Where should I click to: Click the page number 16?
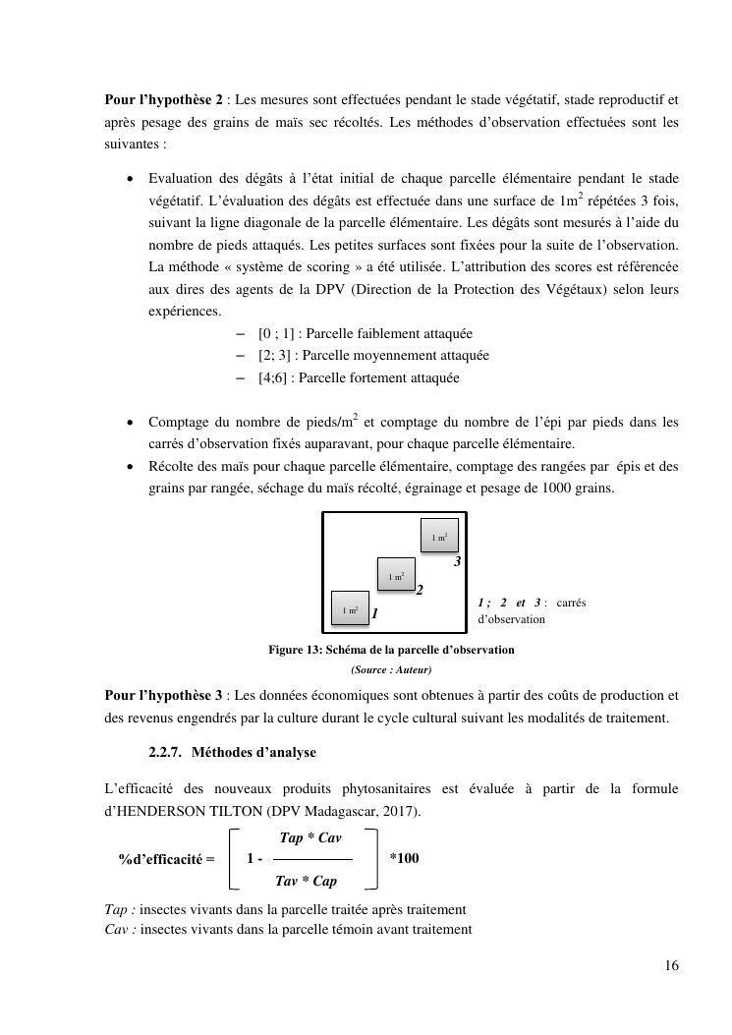[x=671, y=966]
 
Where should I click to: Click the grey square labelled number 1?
[x=350, y=609]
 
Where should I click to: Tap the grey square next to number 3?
[x=439, y=537]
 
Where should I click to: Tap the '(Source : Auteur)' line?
[x=391, y=670]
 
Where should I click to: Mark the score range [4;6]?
[x=275, y=377]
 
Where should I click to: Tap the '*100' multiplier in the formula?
[x=404, y=858]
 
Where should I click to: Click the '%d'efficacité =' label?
[x=166, y=858]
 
